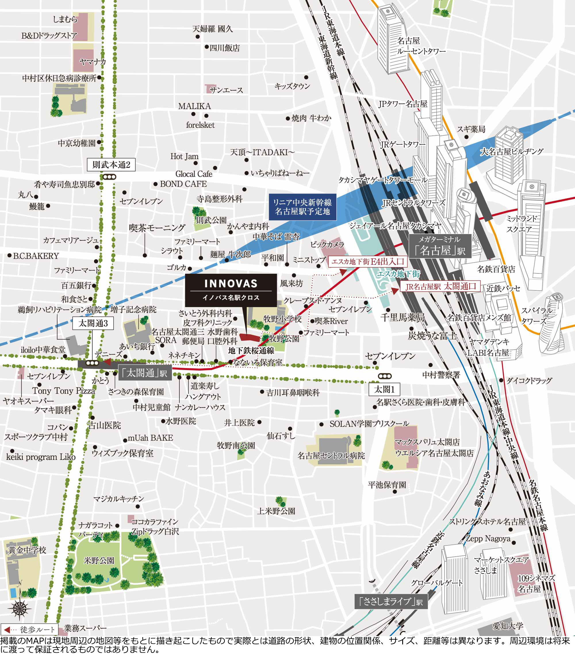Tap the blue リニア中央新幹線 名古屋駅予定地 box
(302, 207)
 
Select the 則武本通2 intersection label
(111, 165)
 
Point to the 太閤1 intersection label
(384, 389)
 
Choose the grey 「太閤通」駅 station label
(145, 373)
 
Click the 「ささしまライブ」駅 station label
(391, 602)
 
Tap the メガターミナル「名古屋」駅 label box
(440, 246)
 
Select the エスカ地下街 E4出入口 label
(368, 261)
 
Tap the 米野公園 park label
(99, 560)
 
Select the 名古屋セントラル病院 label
(331, 455)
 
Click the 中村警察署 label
(441, 375)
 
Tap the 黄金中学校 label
(27, 550)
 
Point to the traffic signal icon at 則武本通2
(110, 177)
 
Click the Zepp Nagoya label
(488, 538)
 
